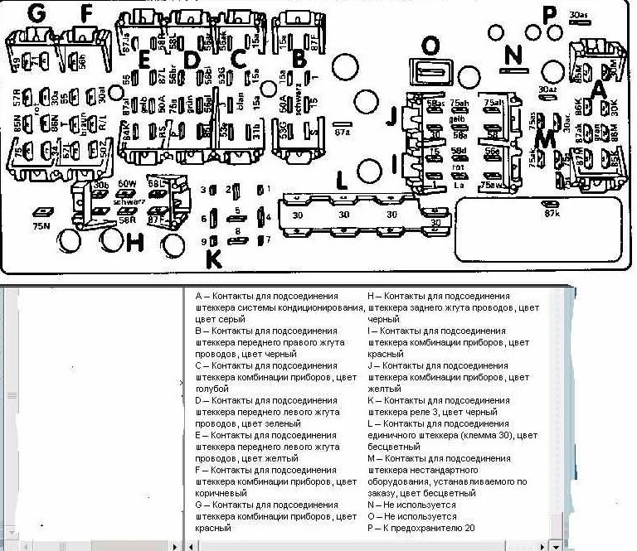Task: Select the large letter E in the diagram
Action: click(143, 60)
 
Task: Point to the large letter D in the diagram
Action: click(192, 60)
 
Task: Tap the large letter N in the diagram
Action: click(514, 55)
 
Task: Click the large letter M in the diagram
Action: click(545, 139)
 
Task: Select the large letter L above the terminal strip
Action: click(341, 181)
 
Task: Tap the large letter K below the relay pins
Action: click(214, 259)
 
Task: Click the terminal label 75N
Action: click(41, 225)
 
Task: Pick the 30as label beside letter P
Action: click(580, 15)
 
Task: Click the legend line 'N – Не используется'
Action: click(411, 505)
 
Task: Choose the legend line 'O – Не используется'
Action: click(411, 516)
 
